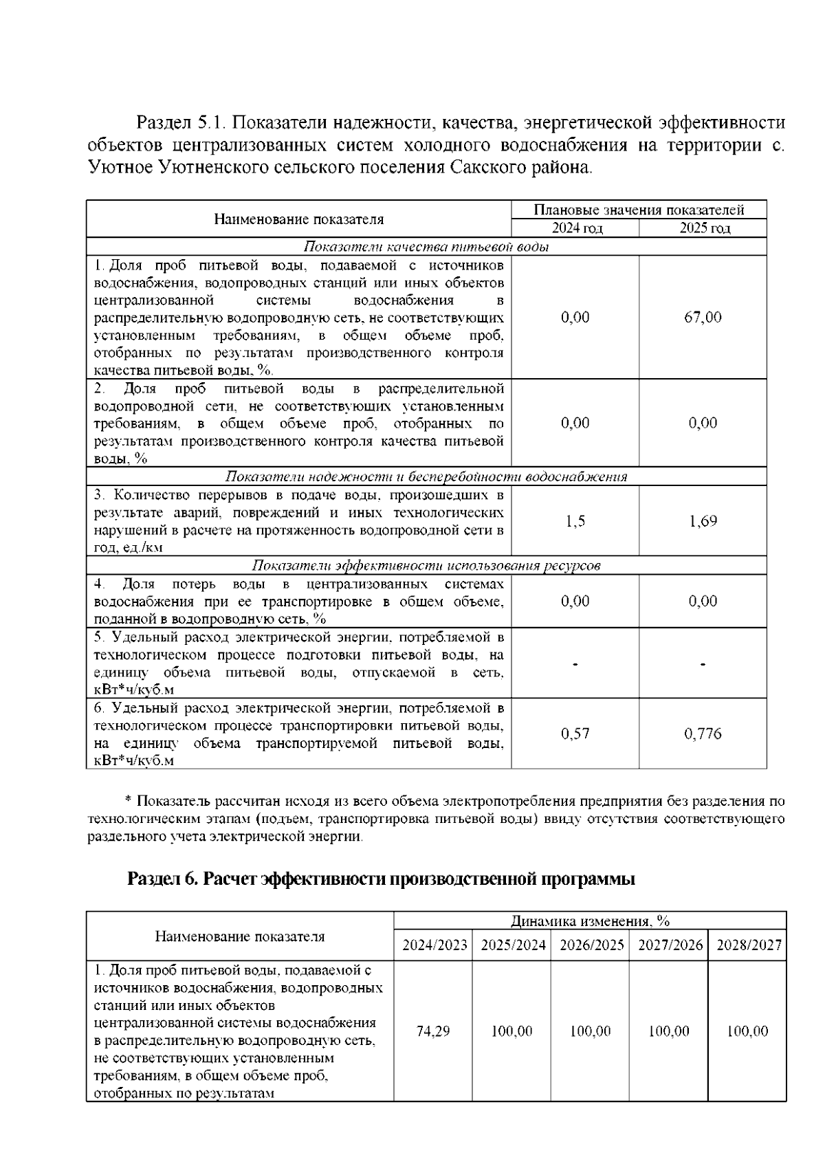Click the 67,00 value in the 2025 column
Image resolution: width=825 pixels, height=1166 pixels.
[x=703, y=317]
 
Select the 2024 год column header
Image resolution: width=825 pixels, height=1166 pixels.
[x=575, y=228]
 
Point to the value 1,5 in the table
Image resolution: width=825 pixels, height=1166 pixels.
[x=575, y=521]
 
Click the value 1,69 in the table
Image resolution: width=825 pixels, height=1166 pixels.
[x=703, y=521]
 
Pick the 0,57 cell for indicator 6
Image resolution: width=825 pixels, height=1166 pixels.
[x=575, y=734]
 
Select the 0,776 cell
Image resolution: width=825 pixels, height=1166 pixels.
[x=703, y=734]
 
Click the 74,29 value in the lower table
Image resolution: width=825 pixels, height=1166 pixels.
[x=433, y=1031]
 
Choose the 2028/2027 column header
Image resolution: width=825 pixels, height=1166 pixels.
[x=749, y=945]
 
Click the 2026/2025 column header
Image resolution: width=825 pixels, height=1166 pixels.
[x=591, y=945]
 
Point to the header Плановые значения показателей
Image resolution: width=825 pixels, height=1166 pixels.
[x=639, y=210]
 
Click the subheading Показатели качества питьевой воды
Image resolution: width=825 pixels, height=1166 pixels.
[x=426, y=247]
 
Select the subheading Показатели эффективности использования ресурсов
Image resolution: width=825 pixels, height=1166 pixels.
[x=426, y=566]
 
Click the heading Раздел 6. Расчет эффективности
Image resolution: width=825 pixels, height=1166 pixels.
[x=381, y=879]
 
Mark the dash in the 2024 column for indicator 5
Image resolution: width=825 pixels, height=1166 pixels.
[x=575, y=664]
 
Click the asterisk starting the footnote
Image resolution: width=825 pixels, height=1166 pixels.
[x=128, y=800]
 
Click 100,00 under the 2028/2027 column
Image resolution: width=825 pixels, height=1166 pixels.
[x=748, y=1031]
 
